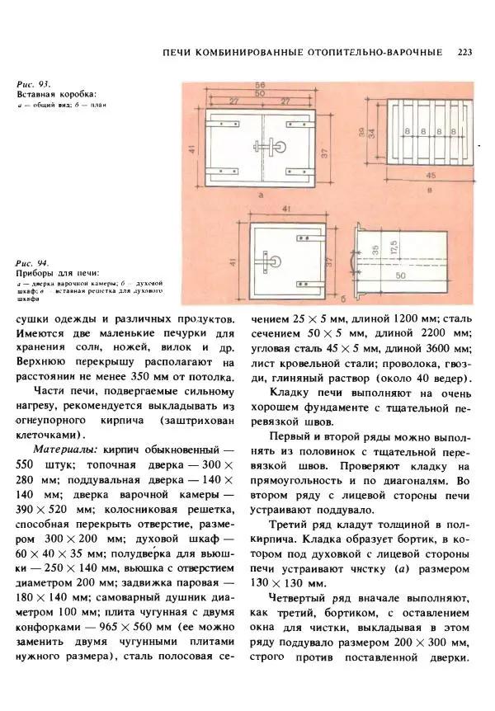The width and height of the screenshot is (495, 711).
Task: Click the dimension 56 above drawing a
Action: pyautogui.click(x=259, y=85)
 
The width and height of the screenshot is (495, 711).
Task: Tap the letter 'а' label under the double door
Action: pyautogui.click(x=259, y=196)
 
